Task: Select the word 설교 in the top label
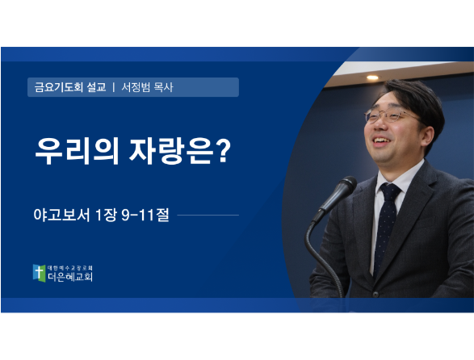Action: coord(96,87)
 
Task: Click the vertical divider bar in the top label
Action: coord(114,87)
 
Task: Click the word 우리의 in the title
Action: coord(77,151)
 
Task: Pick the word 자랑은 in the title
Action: coord(171,151)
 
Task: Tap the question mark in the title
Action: coord(224,150)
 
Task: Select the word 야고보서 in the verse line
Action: coord(62,215)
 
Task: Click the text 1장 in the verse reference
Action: coord(106,215)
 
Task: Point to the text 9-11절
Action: coord(145,215)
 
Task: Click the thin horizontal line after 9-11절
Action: coord(208,216)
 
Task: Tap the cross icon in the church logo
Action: coord(39,273)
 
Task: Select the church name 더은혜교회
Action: coord(70,277)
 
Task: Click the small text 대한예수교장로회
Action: coord(70,268)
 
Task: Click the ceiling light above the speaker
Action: coord(372,77)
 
